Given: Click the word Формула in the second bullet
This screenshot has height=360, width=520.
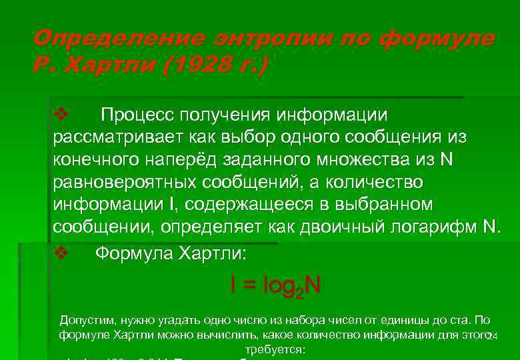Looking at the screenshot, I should [x=133, y=253].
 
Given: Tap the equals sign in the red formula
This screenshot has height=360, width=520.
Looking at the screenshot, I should [x=249, y=285].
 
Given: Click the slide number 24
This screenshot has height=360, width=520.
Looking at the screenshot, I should [x=492, y=335].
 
